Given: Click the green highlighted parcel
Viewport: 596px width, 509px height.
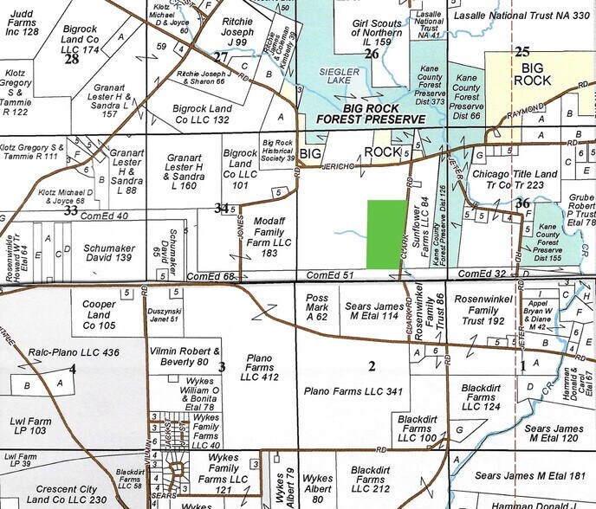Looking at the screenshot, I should [387, 234].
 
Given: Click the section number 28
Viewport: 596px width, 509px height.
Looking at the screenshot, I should [71, 59].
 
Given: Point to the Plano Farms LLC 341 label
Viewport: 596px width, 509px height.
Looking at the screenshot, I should [354, 391].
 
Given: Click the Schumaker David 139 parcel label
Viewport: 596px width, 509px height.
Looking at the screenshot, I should [108, 253].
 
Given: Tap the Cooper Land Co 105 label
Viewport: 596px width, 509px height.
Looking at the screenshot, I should [100, 315].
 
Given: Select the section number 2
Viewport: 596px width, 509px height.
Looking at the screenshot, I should [372, 367].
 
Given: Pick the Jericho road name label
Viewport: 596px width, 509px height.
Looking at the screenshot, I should [338, 164].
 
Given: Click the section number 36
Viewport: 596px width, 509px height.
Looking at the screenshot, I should [521, 203].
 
